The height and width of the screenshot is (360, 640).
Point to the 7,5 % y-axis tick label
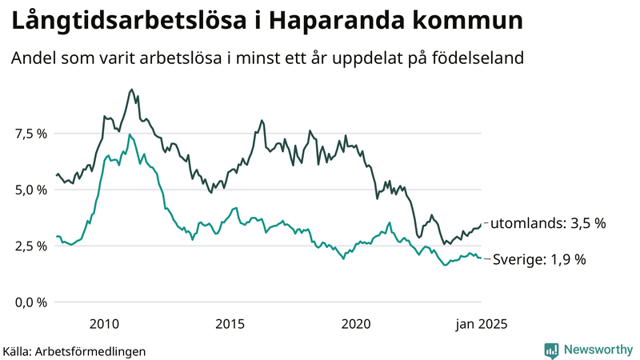pyautogui.click(x=31, y=134)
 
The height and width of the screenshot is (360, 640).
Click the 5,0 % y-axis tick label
pyautogui.click(x=31, y=190)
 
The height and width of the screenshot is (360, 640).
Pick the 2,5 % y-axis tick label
pyautogui.click(x=31, y=246)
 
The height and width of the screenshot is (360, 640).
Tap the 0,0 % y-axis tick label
pyautogui.click(x=31, y=302)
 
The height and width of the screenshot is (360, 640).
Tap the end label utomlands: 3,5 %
pyautogui.click(x=547, y=223)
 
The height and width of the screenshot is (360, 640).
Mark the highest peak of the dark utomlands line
pyautogui.click(x=131, y=90)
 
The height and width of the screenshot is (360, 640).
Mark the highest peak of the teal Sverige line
pyautogui.click(x=130, y=134)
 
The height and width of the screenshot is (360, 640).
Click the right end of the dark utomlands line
pyautogui.click(x=481, y=223)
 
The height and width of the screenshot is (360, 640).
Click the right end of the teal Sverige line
pyautogui.click(x=481, y=258)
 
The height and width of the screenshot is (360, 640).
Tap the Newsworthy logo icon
pyautogui.click(x=551, y=350)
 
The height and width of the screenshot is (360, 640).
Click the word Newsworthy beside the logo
pyautogui.click(x=597, y=350)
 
